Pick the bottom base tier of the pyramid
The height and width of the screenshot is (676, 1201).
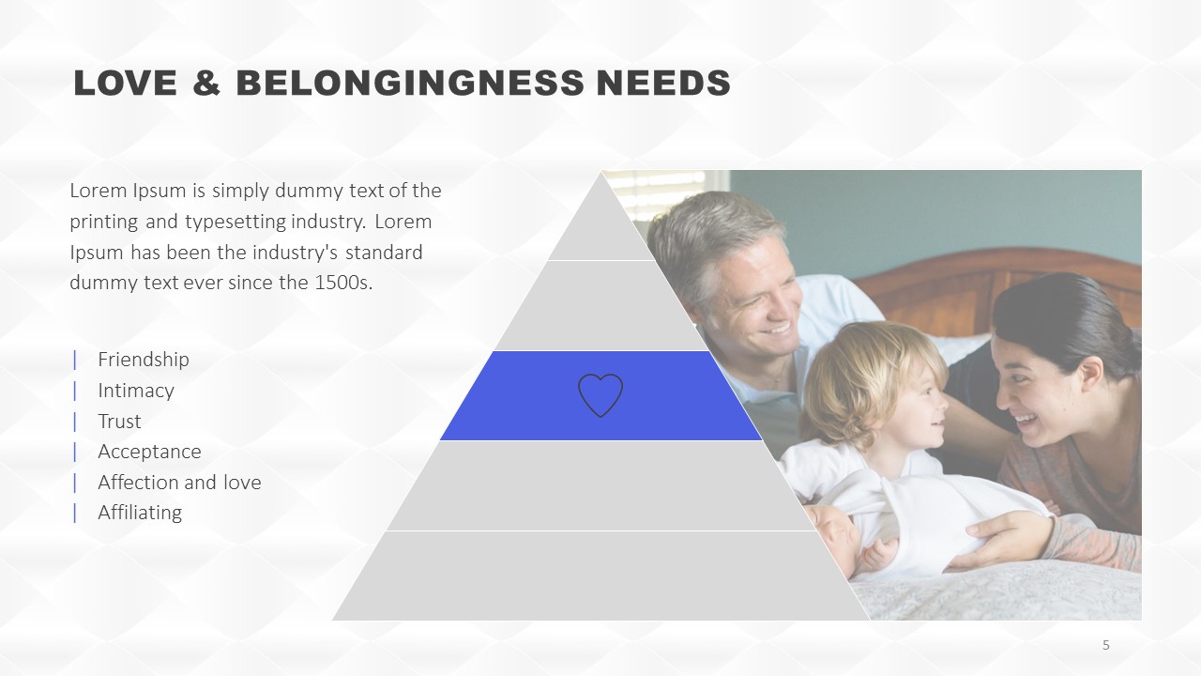(600, 576)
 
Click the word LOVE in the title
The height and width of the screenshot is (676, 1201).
(126, 84)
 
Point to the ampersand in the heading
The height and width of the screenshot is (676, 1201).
(206, 84)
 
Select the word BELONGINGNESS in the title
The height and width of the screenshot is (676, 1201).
(410, 84)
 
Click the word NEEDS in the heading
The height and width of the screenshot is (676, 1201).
(663, 84)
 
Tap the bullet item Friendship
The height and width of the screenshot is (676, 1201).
(144, 360)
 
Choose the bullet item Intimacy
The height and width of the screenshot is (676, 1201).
(136, 391)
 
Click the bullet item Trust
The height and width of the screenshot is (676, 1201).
(119, 422)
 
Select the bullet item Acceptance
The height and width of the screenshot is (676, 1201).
(149, 452)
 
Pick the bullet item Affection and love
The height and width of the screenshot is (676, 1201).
(179, 483)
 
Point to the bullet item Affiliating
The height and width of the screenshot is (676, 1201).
(140, 513)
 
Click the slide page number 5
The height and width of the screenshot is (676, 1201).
(1106, 645)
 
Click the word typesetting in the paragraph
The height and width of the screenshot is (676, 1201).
(236, 223)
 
